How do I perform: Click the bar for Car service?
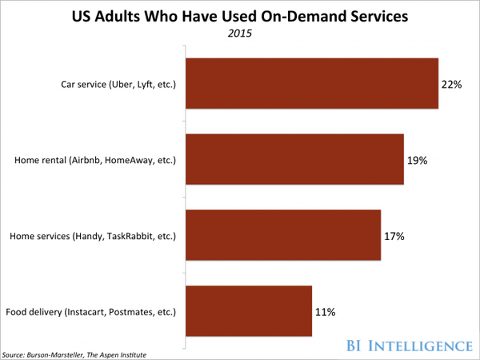point(312,83)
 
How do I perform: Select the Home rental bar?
point(294,159)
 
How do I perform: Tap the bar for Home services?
point(283,235)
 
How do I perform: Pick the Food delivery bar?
point(249,310)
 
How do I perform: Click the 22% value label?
point(451,84)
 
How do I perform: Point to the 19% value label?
point(417,160)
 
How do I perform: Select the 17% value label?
point(394,236)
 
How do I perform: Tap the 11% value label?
point(325,311)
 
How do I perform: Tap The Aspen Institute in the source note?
point(121,354)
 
